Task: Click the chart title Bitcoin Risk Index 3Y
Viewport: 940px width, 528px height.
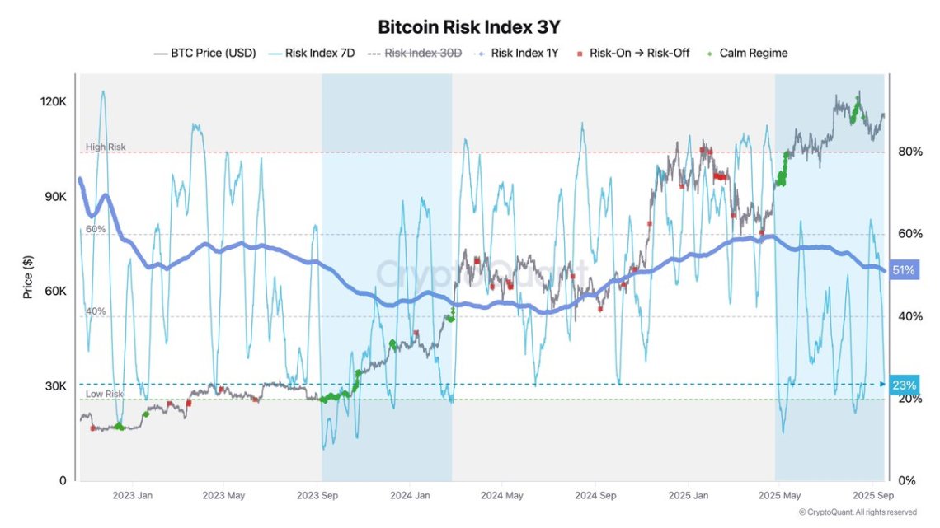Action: pyautogui.click(x=470, y=26)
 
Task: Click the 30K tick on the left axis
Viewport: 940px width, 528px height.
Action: pyautogui.click(x=56, y=386)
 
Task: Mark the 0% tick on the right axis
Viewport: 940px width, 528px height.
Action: pyautogui.click(x=905, y=480)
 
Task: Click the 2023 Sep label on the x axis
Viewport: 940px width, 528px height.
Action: pyautogui.click(x=317, y=496)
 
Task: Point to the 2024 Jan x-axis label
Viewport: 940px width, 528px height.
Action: pyautogui.click(x=409, y=496)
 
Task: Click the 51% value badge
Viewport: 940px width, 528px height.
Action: pyautogui.click(x=903, y=270)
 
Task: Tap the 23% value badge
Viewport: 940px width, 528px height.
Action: pyautogui.click(x=903, y=385)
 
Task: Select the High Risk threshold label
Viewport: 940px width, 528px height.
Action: pyautogui.click(x=106, y=147)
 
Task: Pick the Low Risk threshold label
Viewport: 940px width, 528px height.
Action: pyautogui.click(x=104, y=394)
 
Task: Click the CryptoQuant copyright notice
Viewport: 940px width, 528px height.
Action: pyautogui.click(x=863, y=512)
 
